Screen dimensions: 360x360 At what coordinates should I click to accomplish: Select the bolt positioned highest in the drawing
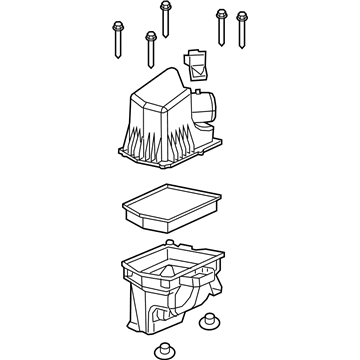pyautogui.click(x=164, y=9)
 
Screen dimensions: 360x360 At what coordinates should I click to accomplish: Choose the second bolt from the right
pyautogui.click(x=220, y=15)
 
